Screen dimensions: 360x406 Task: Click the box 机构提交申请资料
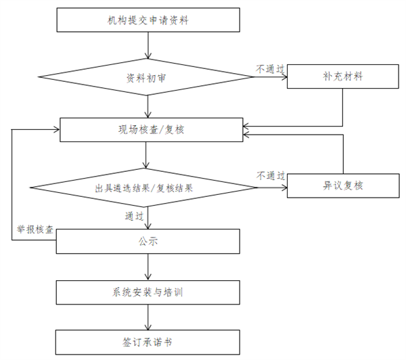click(x=148, y=20)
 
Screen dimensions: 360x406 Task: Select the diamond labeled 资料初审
click(x=147, y=78)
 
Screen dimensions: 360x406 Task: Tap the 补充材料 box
click(x=344, y=76)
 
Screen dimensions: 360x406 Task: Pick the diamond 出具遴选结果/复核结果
click(x=145, y=187)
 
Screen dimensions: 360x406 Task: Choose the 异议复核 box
click(x=344, y=185)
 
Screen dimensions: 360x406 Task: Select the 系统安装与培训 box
click(x=148, y=293)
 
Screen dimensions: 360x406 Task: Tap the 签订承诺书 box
click(x=148, y=342)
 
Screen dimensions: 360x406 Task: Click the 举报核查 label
click(x=35, y=228)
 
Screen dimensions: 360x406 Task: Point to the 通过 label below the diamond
click(x=134, y=217)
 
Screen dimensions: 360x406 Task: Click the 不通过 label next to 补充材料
click(x=269, y=68)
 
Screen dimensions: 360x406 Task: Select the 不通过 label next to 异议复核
click(x=269, y=175)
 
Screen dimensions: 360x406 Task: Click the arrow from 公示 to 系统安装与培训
click(x=148, y=267)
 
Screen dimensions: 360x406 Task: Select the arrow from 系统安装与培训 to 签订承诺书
click(x=148, y=318)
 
